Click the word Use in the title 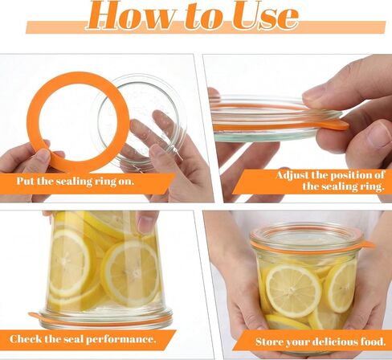[265, 15]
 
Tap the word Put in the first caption [26, 181]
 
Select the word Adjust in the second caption [292, 176]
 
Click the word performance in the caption [121, 340]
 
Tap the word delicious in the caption [335, 342]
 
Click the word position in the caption [353, 175]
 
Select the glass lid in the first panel [139, 121]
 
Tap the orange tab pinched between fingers [335, 125]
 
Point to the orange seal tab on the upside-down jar [35, 317]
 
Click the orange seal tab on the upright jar [367, 244]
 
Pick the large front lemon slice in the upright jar [293, 291]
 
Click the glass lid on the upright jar [305, 235]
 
